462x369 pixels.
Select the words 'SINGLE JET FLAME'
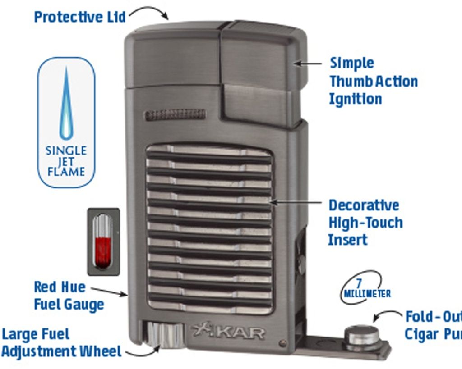pyautogui.click(x=66, y=161)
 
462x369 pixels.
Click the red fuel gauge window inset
pyautogui.click(x=103, y=241)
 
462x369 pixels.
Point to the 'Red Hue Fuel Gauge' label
pyautogui.click(x=69, y=296)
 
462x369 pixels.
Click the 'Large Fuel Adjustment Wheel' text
pyautogui.click(x=60, y=343)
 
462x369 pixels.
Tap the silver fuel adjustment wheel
pyautogui.click(x=162, y=335)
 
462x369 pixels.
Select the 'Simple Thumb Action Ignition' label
pyautogui.click(x=373, y=81)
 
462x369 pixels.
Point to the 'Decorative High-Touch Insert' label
pyautogui.click(x=365, y=223)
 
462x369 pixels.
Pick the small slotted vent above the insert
pyautogui.click(x=175, y=114)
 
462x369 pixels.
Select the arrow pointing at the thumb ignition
pyautogui.click(x=308, y=64)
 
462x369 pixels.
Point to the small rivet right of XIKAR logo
pyautogui.click(x=282, y=343)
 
